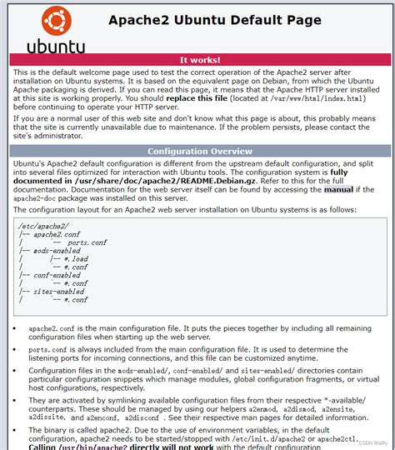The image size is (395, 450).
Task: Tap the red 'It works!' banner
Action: click(200, 60)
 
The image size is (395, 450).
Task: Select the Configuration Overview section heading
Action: click(200, 151)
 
